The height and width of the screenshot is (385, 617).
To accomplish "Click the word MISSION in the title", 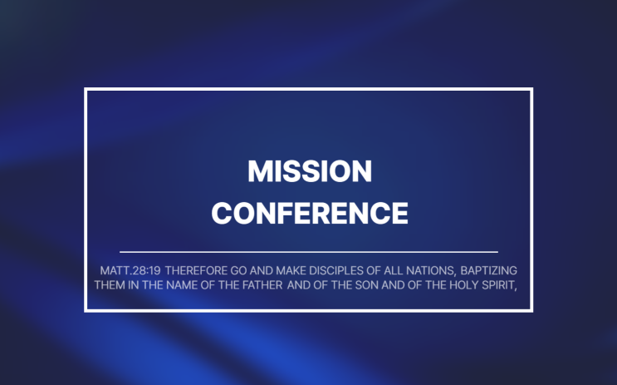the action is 310,171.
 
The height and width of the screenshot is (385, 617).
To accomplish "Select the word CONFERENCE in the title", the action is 310,213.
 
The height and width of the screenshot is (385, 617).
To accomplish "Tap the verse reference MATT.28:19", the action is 130,271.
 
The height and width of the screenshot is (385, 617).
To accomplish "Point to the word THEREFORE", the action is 196,271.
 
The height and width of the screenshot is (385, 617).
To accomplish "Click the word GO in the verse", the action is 238,271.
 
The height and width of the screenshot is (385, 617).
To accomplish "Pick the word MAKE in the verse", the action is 291,271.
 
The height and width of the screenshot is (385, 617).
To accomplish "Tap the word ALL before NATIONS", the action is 393,271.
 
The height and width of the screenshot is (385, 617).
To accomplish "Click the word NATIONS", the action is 431,271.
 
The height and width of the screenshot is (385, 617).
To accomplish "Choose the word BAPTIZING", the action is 489,271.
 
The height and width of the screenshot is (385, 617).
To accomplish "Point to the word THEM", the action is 110,285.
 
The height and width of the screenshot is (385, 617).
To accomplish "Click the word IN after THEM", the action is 134,285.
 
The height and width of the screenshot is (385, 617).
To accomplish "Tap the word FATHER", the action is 262,285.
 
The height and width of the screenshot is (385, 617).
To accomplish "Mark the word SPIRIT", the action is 499,285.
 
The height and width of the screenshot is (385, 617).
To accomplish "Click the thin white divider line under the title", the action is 309,251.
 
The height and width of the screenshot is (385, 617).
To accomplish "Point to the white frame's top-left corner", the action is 86,89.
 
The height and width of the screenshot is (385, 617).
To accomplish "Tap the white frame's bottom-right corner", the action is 531,310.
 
